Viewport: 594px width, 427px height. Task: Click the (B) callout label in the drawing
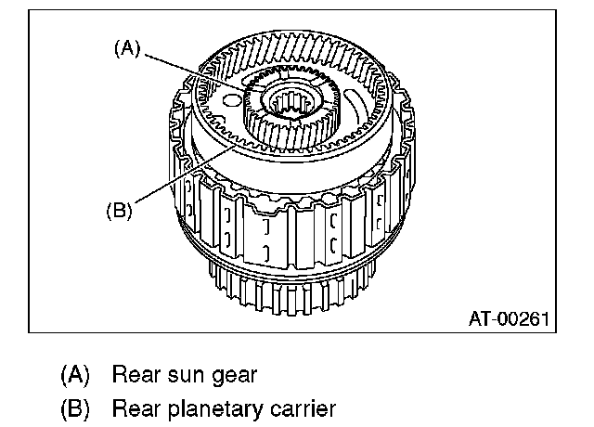[118, 209]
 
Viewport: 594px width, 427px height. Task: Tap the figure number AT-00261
[510, 318]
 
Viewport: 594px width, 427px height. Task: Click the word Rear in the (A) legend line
[133, 376]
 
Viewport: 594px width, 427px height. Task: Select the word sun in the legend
[187, 376]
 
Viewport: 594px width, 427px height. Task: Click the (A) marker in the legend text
[74, 376]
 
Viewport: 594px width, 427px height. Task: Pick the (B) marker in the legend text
[74, 408]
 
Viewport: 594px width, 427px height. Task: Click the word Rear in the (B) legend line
[133, 408]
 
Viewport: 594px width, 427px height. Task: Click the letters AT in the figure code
[481, 318]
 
